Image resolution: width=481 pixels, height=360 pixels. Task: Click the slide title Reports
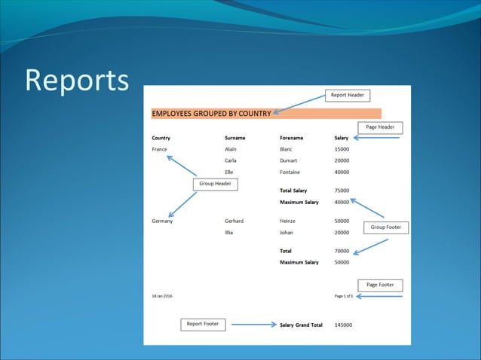[x=76, y=81]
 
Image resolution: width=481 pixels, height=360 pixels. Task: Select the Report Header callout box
[x=348, y=96]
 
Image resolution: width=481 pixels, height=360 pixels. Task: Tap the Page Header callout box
[x=380, y=127]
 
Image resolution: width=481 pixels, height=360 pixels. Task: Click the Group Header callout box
[x=215, y=184]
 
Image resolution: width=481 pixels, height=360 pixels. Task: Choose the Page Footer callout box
[x=380, y=285]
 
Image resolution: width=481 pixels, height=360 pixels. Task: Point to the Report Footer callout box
[x=203, y=324]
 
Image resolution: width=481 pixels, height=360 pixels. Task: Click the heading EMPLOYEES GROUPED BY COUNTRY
[x=211, y=114]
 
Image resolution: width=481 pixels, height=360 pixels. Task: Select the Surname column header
[x=234, y=138]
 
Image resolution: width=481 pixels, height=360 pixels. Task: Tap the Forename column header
[x=291, y=138]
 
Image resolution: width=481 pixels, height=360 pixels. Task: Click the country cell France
[x=159, y=149]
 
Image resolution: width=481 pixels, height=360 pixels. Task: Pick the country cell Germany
[x=162, y=221]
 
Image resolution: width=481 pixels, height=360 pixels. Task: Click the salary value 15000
[x=342, y=149]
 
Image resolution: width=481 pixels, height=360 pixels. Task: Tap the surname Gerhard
[x=234, y=221]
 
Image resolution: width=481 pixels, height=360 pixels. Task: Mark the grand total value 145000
[x=343, y=325]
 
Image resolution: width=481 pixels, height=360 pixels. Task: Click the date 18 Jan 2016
[x=162, y=296]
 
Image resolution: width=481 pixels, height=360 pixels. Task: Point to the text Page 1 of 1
[x=344, y=296]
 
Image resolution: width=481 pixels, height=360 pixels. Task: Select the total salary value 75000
[x=342, y=191]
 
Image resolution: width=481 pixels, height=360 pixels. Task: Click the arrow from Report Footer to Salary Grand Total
[x=254, y=325]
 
